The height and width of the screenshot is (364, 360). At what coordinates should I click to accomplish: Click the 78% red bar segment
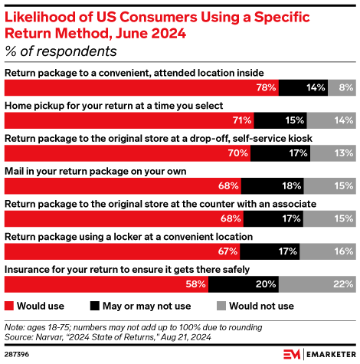tap(142, 88)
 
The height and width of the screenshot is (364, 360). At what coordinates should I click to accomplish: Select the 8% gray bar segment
tap(341, 88)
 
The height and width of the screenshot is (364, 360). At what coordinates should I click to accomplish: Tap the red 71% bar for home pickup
tap(129, 120)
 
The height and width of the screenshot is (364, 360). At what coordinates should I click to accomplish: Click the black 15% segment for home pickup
tap(280, 120)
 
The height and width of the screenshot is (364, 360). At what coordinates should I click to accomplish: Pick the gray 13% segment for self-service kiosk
tap(332, 153)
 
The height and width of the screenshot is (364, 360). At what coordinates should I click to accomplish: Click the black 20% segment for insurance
tap(244, 285)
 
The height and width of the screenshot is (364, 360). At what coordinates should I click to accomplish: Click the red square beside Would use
tap(10, 306)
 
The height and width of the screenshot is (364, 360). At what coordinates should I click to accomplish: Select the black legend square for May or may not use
tap(96, 306)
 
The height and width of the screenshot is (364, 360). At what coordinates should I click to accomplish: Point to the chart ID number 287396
tap(19, 354)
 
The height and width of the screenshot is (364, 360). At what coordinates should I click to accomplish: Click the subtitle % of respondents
tap(61, 52)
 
